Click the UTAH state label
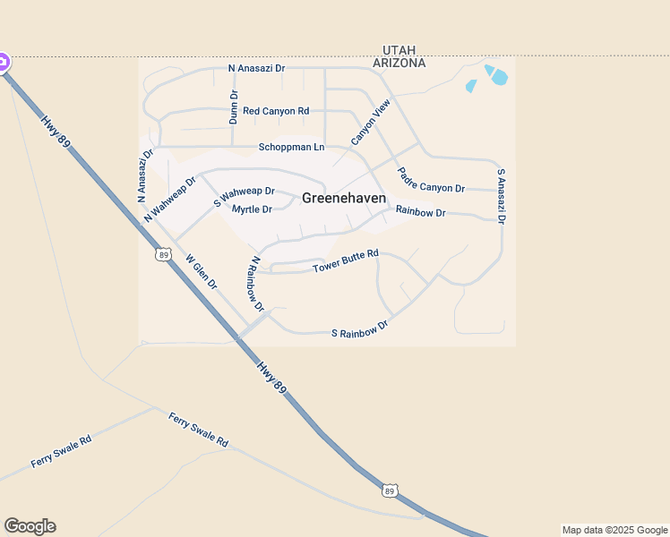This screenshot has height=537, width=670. click(399, 50)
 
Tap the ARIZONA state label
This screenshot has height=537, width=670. click(399, 64)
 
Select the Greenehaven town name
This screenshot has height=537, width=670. click(344, 198)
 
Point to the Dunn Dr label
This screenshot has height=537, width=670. click(234, 106)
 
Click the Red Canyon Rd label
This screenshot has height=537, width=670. click(276, 111)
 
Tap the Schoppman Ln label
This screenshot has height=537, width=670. click(291, 147)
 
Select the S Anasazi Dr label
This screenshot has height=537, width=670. click(502, 196)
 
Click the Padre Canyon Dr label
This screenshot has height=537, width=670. click(431, 182)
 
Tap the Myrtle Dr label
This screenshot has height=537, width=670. click(252, 209)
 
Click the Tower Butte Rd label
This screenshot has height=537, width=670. click(346, 262)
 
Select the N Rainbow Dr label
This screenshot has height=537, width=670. click(257, 284)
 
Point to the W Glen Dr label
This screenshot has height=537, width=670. click(202, 271)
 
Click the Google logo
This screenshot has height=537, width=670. click(30, 526)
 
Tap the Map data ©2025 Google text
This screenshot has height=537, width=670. click(614, 530)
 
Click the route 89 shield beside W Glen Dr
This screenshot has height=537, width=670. click(162, 255)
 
